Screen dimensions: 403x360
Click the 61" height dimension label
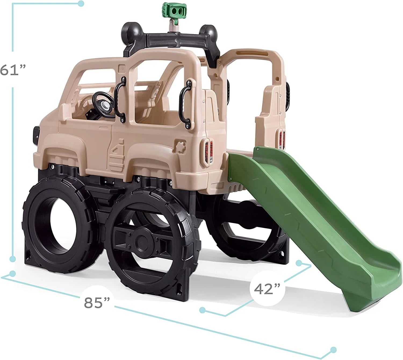pos(13,69)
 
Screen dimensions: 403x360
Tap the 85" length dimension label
pos(97,302)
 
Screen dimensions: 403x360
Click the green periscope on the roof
pos(174,11)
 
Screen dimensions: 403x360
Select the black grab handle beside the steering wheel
pos(120,99)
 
